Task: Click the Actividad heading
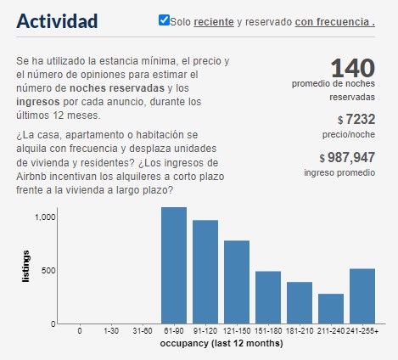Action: coord(57,20)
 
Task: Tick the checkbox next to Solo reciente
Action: coord(164,20)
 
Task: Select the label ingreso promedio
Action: coord(339,173)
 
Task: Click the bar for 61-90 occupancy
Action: coord(174,265)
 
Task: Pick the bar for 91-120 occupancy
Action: coord(205,272)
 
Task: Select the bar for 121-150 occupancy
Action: coord(237,282)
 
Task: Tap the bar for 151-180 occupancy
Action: coord(268,297)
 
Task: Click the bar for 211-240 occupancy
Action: coord(331,308)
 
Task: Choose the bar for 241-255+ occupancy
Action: coord(362,295)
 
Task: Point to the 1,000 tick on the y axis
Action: coord(44,217)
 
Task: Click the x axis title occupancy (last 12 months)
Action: coord(221,345)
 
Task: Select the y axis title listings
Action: coord(27,267)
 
